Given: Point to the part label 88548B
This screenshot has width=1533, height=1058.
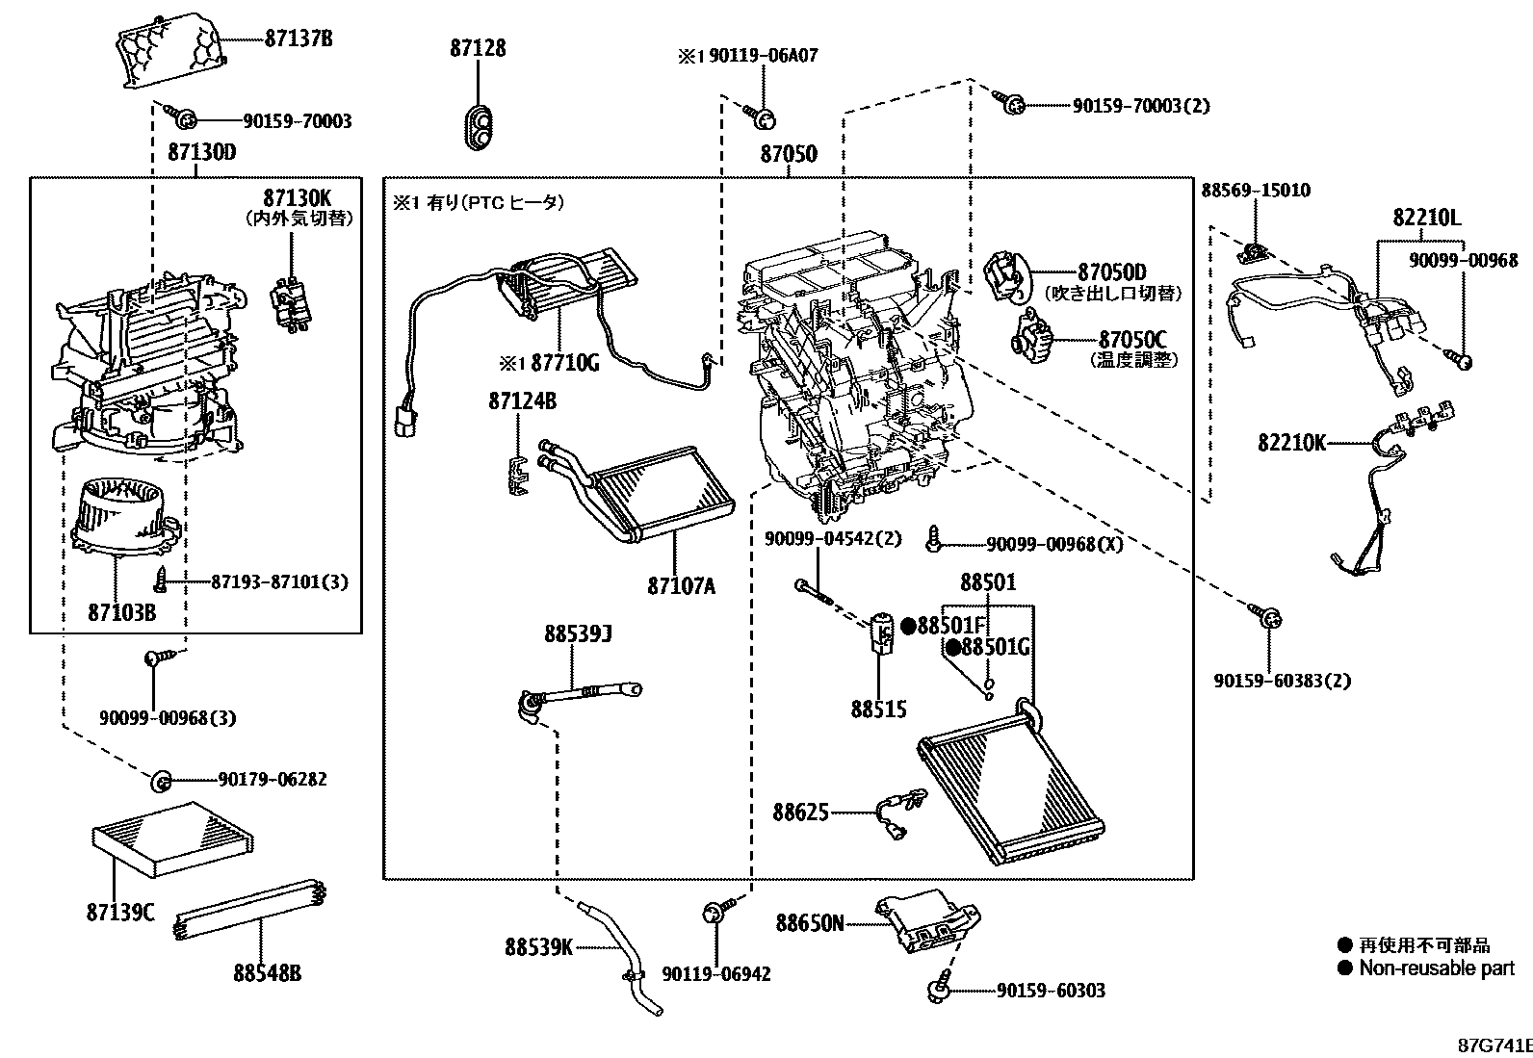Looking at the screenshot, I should [x=267, y=973].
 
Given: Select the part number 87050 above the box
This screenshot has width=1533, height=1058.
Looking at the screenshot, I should [x=789, y=154].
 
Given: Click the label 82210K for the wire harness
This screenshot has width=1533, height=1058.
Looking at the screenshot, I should [x=1291, y=443].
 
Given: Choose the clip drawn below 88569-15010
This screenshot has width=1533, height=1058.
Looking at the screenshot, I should [x=1253, y=251].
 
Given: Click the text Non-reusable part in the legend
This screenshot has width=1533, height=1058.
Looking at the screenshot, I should [x=1436, y=968].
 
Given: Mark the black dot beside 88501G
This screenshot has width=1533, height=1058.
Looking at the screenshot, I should [x=953, y=647].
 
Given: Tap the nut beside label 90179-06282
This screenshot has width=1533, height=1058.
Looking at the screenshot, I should [x=160, y=779].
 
